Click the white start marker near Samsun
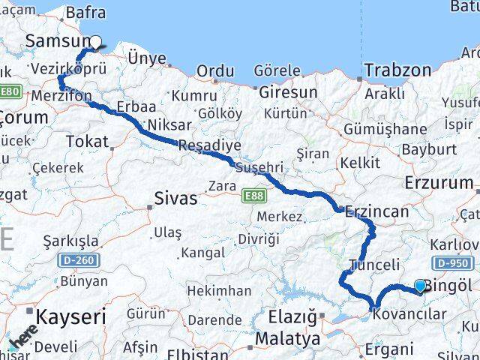(95, 42)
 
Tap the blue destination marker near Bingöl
(420, 286)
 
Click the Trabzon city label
(397, 70)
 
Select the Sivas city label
(175, 199)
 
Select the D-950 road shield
(452, 263)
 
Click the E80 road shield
(10, 91)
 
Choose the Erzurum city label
(439, 182)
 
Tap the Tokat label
(87, 140)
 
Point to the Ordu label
(215, 71)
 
